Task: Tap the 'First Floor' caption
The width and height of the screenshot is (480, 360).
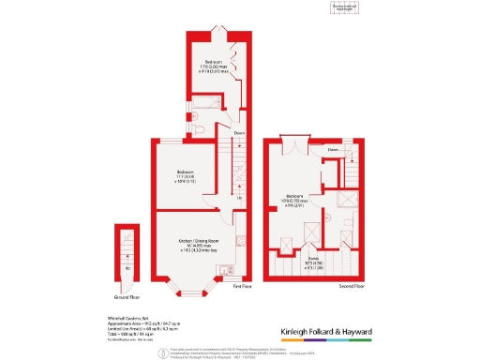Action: coord(243,284)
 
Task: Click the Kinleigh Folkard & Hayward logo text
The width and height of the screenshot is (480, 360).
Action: coord(327,331)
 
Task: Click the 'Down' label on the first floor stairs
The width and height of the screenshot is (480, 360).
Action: coord(238,132)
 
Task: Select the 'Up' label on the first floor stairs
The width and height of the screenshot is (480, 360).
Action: coord(239,198)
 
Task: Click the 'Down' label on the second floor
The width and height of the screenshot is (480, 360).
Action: coord(333,150)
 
